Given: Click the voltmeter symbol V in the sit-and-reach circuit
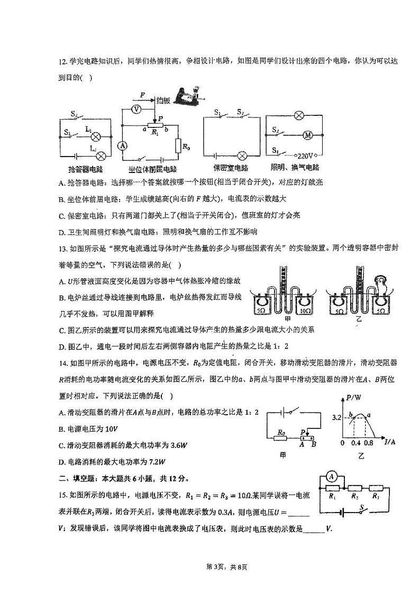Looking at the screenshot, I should click(x=135, y=108).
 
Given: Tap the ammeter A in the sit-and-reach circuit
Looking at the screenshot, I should click(x=122, y=145).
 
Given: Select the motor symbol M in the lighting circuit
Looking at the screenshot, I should click(x=307, y=135).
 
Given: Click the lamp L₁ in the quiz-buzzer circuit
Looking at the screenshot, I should click(x=96, y=136).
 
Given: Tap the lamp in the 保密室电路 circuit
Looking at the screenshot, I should click(x=242, y=156).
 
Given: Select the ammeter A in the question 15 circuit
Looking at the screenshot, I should click(x=332, y=477).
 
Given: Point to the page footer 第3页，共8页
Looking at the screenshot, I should click(x=210, y=567).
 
